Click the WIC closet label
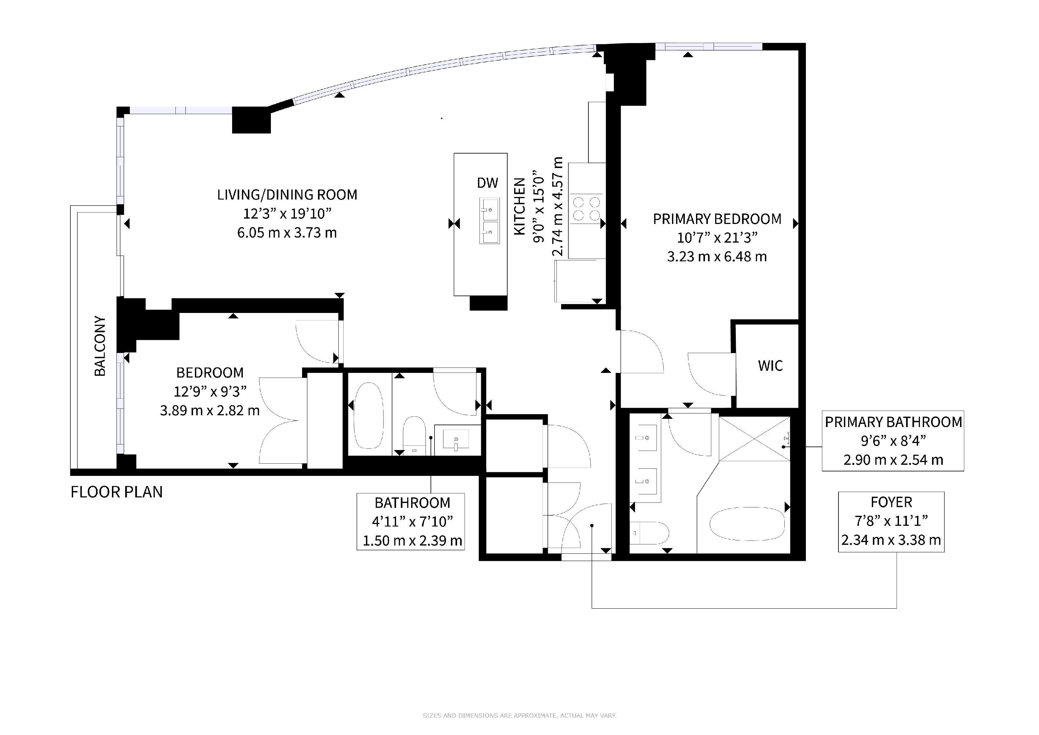pos(770,366)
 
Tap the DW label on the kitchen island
pos(487,183)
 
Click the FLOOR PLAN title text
pos(117,492)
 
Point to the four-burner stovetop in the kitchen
pos(587,209)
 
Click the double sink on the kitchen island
pos(490,221)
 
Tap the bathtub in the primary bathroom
pos(747,524)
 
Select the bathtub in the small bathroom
pos(368,416)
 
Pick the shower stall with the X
pos(754,439)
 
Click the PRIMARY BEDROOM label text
pos(717,219)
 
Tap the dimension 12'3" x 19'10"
pos(287,213)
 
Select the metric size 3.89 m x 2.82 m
pos(210,411)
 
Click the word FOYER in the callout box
pos(892,502)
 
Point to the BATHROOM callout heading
pos(412,503)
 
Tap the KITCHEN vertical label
pos(519,206)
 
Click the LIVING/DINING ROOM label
pos(287,195)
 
